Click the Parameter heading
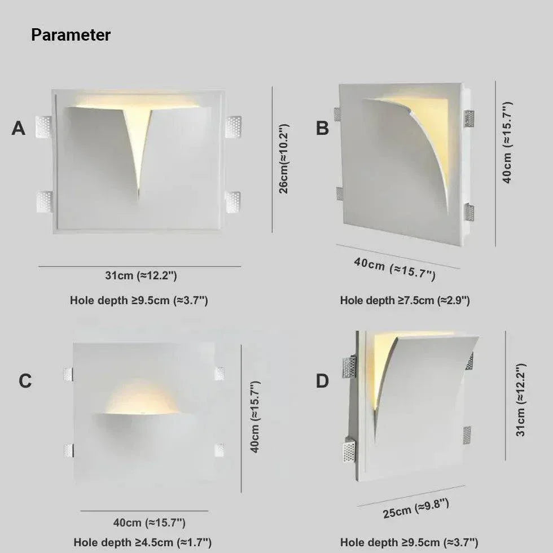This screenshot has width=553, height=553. [71, 35]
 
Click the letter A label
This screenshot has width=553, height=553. [19, 129]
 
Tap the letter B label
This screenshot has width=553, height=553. [322, 129]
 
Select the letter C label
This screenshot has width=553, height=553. [25, 381]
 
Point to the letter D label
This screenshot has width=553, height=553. [322, 381]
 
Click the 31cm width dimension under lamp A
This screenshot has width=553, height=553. [141, 276]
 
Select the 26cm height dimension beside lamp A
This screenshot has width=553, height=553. [284, 160]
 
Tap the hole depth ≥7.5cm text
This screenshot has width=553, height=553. [405, 301]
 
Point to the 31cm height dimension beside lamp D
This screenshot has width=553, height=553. [520, 400]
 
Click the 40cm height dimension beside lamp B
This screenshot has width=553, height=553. [507, 143]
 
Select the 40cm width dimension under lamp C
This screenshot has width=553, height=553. [149, 523]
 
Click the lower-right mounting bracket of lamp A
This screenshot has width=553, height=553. [232, 201]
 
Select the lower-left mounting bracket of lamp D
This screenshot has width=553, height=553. [349, 450]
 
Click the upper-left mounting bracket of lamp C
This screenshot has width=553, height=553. [68, 373]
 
